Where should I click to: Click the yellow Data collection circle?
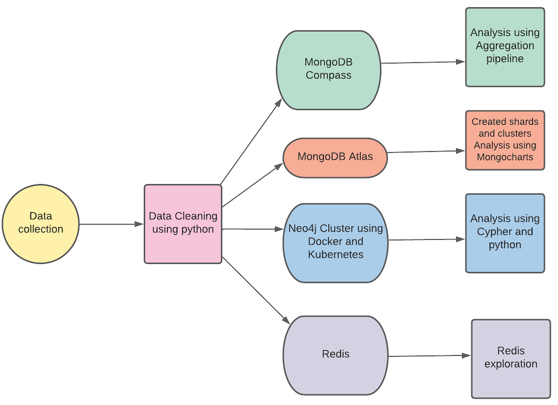[x=40, y=224]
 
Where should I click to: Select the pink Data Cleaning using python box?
[x=183, y=224]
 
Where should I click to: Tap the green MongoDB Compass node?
[x=328, y=70]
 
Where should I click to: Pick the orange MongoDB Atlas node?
[x=335, y=157]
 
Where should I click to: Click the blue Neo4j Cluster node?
[x=335, y=243]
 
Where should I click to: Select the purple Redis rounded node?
[x=335, y=355]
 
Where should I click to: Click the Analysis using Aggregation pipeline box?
[x=505, y=47]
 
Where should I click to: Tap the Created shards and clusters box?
[x=505, y=140]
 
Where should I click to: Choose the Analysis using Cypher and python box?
[x=505, y=233]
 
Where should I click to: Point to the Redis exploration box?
[x=510, y=359]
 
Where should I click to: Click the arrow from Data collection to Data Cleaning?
[x=111, y=224]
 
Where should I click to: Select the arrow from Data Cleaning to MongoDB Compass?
[x=251, y=142]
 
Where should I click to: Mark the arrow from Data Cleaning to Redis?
[x=256, y=290]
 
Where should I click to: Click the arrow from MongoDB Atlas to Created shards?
[x=425, y=152]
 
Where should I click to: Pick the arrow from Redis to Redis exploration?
[x=429, y=356]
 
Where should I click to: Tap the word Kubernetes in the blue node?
[x=335, y=255]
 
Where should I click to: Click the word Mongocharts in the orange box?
[x=505, y=157]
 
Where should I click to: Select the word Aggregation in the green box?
[x=505, y=46]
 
